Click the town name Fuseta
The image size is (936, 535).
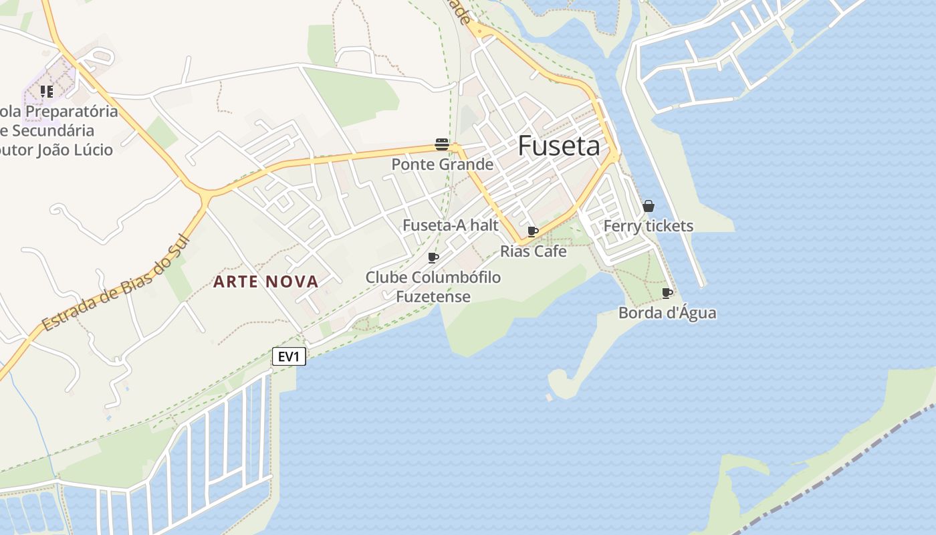[559, 146]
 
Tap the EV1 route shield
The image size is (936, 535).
[289, 356]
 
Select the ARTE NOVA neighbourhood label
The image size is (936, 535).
[266, 282]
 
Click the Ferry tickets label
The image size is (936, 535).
[648, 226]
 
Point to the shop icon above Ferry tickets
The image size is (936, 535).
[648, 206]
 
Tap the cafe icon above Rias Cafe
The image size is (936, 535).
[533, 231]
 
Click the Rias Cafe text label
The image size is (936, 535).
[534, 251]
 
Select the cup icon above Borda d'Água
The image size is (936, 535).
[667, 293]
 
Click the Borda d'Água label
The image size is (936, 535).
[667, 313]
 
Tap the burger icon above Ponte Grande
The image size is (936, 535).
[442, 144]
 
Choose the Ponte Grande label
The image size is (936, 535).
[442, 165]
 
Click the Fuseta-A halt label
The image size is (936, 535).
[450, 225]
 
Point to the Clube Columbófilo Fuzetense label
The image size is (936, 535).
[433, 286]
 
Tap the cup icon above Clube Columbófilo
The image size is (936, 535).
[433, 257]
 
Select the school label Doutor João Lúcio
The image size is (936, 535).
[57, 149]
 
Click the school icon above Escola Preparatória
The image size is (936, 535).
[46, 91]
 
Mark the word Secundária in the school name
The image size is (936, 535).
[52, 130]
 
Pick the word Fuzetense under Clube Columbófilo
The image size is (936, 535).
[433, 296]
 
